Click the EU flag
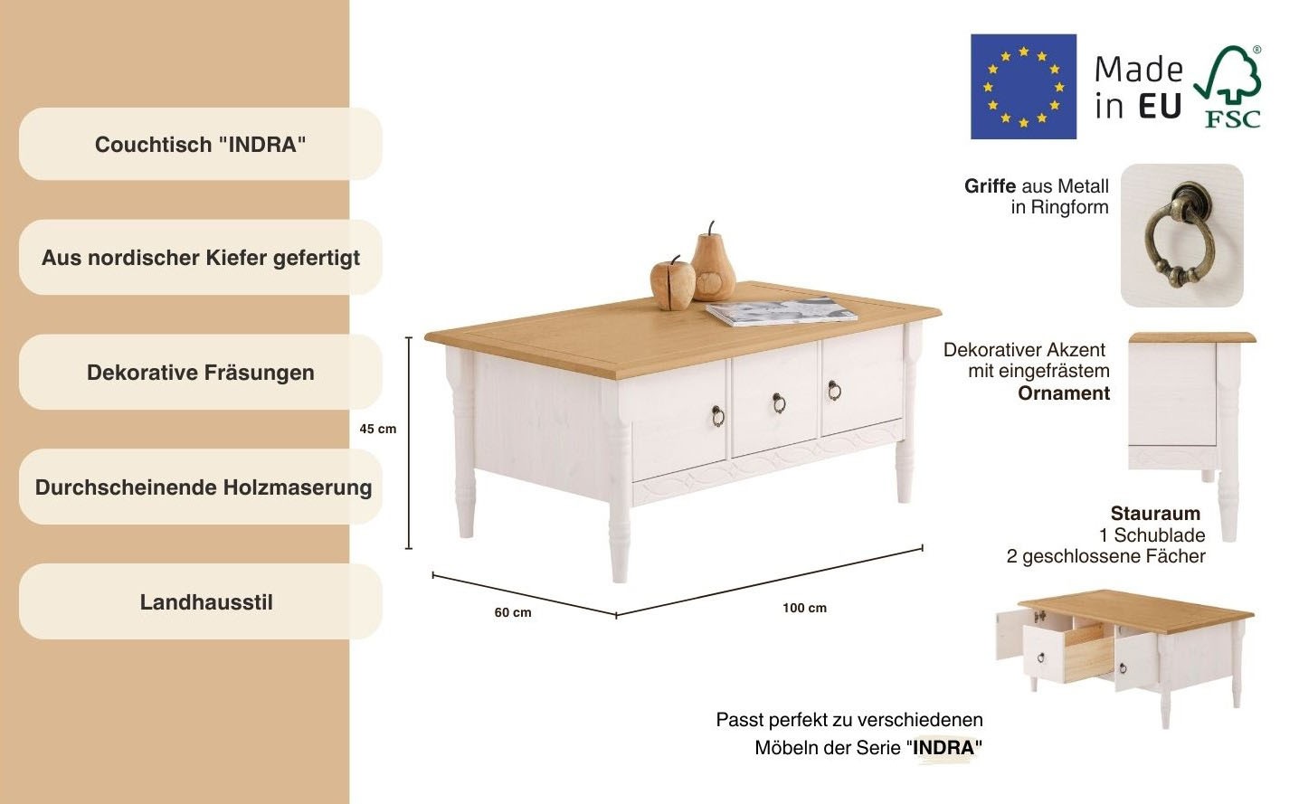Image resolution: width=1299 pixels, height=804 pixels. point(1023,87)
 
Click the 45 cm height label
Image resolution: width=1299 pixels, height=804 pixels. point(377,429)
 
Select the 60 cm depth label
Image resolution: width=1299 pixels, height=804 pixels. point(512,612)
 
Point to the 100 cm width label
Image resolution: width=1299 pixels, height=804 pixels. point(804,608)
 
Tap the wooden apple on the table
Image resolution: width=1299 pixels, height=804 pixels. point(672,281)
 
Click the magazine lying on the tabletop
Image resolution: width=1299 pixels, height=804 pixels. point(782,312)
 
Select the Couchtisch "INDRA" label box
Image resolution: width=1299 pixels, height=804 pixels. point(200,145)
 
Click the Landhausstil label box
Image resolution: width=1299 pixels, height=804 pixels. point(200,602)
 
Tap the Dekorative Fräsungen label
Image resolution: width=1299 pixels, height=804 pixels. point(200,373)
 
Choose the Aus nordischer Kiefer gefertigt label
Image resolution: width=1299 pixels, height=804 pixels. point(200,258)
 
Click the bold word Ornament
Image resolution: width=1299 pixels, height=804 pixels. point(1063,393)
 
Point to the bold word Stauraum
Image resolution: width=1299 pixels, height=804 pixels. point(1155,514)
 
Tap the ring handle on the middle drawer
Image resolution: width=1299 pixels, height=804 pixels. point(778,402)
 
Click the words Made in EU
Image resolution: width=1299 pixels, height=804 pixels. point(1138,88)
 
